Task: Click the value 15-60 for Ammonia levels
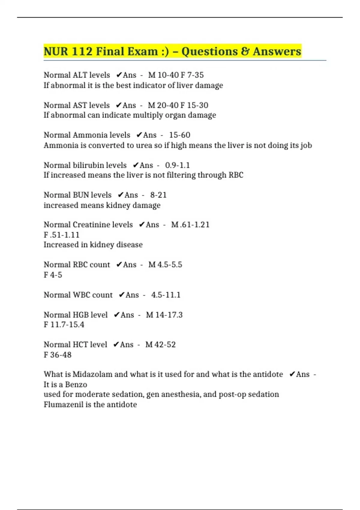179,135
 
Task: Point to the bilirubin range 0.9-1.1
177,165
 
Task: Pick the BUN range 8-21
158,195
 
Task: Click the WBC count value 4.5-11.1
166,295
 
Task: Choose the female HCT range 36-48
61,355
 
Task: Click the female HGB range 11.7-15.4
67,325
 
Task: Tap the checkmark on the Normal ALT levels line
119,75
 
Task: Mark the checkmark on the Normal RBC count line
119,265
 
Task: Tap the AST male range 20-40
167,105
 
